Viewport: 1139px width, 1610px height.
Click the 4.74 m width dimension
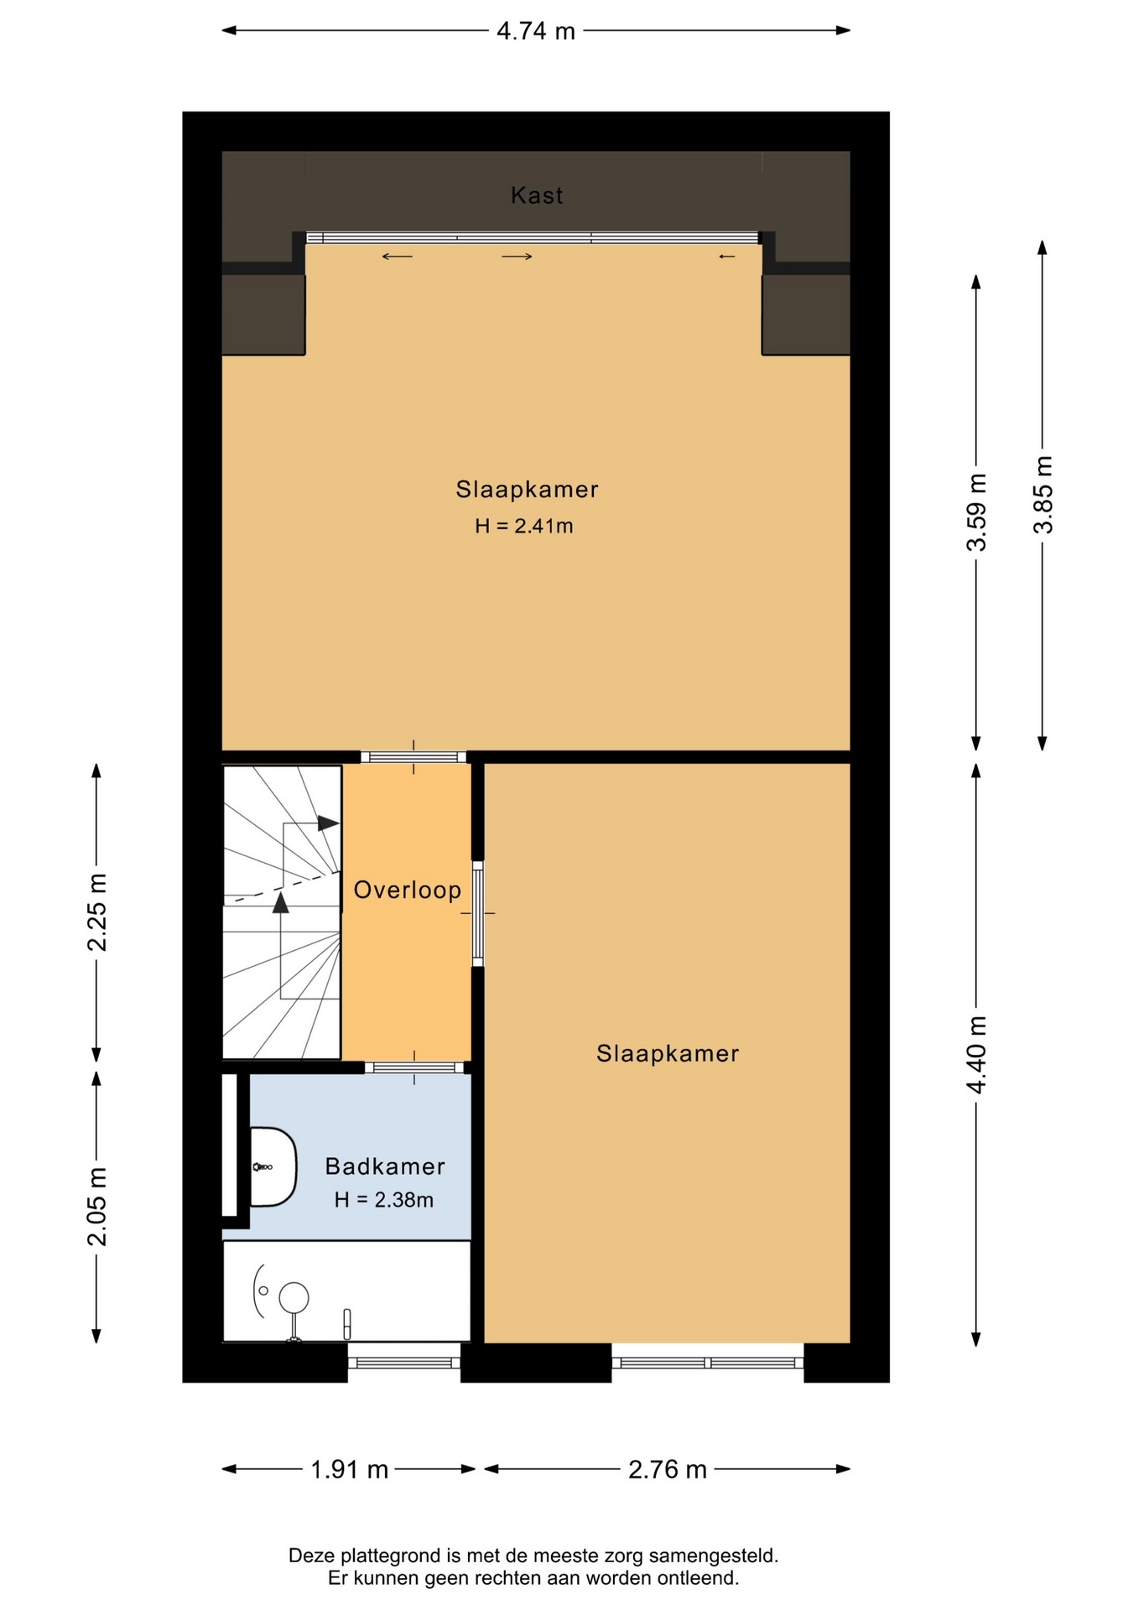536,31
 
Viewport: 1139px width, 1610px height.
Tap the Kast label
537,195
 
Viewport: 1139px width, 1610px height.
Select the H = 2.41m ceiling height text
524,526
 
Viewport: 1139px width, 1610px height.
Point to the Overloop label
408,890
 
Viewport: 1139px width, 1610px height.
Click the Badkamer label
385,1166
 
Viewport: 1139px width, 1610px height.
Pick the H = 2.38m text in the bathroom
384,1200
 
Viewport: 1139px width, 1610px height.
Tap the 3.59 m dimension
976,512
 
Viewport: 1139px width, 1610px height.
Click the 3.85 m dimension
1043,495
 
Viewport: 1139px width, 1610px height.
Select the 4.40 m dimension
976,1054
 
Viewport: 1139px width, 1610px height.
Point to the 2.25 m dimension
97,912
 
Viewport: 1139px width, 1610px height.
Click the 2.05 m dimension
97,1206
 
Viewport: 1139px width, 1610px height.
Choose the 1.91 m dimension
350,1469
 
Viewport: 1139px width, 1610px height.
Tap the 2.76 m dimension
668,1469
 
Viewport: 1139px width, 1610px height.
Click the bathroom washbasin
273,1166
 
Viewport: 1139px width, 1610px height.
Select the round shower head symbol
294,1297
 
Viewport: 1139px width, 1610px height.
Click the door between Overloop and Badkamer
414,1067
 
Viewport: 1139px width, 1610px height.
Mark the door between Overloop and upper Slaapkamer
413,757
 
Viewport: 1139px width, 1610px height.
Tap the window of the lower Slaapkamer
708,1363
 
